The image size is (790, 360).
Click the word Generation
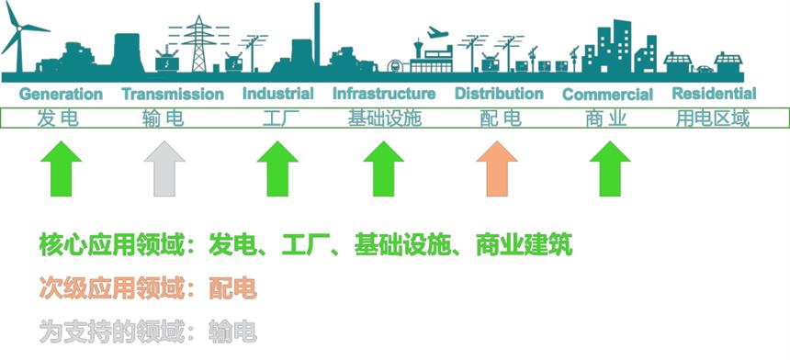(61, 95)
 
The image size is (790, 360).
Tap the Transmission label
(173, 95)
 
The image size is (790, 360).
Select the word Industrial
(278, 94)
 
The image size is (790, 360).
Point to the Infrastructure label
(384, 94)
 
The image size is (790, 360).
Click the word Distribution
(500, 94)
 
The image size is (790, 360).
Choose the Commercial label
(607, 95)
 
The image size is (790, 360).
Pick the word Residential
(715, 94)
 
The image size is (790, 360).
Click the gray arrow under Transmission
(164, 169)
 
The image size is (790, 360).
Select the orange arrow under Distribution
(497, 169)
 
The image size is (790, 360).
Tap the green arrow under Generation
(61, 169)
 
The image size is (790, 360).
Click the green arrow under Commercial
(610, 169)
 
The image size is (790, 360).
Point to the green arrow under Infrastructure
(383, 169)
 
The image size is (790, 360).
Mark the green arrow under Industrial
(277, 169)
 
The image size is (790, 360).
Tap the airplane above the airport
(437, 33)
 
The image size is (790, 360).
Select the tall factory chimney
(317, 35)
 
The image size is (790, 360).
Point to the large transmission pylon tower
(199, 44)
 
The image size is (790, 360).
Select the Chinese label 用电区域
(713, 118)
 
